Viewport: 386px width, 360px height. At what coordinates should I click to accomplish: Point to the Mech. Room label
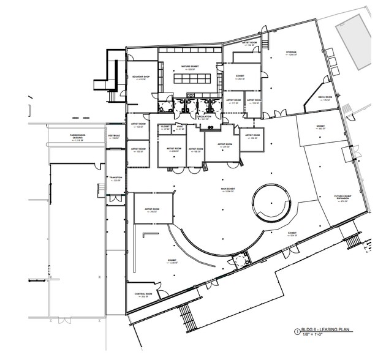coord(324,99)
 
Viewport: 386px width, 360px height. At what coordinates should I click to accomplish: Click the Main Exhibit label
coord(230,190)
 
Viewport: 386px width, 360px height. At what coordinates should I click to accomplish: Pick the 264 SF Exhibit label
coord(241,77)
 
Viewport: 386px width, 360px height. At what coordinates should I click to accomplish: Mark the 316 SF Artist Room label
coord(152,210)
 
